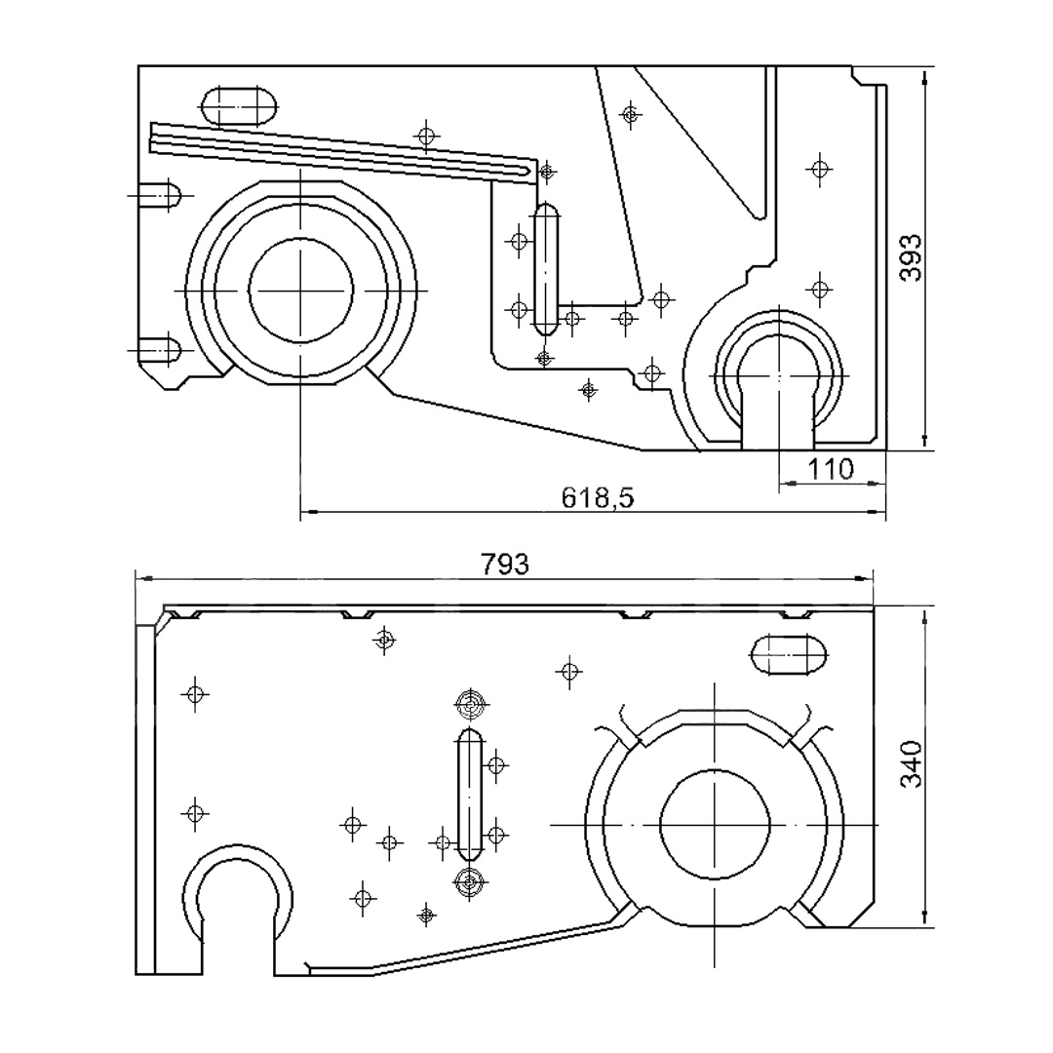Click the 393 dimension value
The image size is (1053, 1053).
click(x=910, y=257)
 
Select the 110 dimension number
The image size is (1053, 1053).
click(x=830, y=469)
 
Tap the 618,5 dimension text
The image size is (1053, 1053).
click(x=597, y=497)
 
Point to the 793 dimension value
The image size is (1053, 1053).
click(x=505, y=565)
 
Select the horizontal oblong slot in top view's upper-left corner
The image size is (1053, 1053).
click(x=239, y=105)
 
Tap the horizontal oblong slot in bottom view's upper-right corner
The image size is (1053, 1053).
click(x=789, y=654)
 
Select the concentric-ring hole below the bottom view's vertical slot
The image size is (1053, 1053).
click(x=469, y=882)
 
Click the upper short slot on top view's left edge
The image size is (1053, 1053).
click(x=159, y=195)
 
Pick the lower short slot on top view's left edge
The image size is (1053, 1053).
click(x=159, y=350)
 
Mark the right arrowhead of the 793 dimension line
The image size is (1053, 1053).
click(x=864, y=578)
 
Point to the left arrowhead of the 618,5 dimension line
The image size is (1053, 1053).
click(x=309, y=512)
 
